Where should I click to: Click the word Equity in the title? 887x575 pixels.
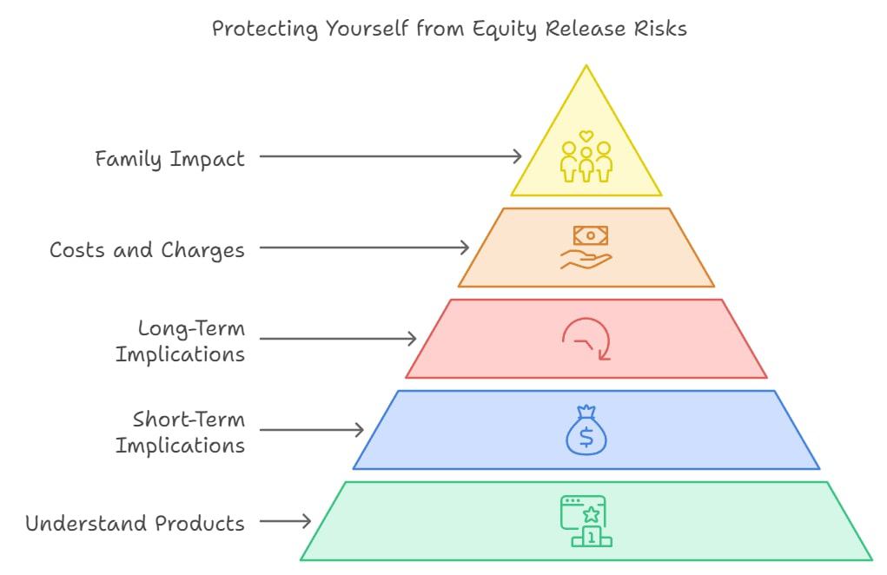504,29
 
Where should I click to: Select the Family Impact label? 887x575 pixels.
169,159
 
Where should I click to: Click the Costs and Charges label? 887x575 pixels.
147,250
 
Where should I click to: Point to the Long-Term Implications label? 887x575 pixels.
181,341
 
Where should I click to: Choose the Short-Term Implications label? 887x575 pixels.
181,432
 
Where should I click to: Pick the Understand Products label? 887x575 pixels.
136,523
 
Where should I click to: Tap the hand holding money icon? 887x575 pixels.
586,248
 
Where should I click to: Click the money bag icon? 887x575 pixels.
586,430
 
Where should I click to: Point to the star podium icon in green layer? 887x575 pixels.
586,521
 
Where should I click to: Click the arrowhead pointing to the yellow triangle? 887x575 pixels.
518,156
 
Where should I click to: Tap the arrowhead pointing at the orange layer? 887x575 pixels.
465,247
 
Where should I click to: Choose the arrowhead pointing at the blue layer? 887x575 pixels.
360,430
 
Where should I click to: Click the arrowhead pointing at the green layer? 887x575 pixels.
307,521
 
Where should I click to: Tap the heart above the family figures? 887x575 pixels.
586,136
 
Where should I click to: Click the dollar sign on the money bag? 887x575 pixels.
586,437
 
